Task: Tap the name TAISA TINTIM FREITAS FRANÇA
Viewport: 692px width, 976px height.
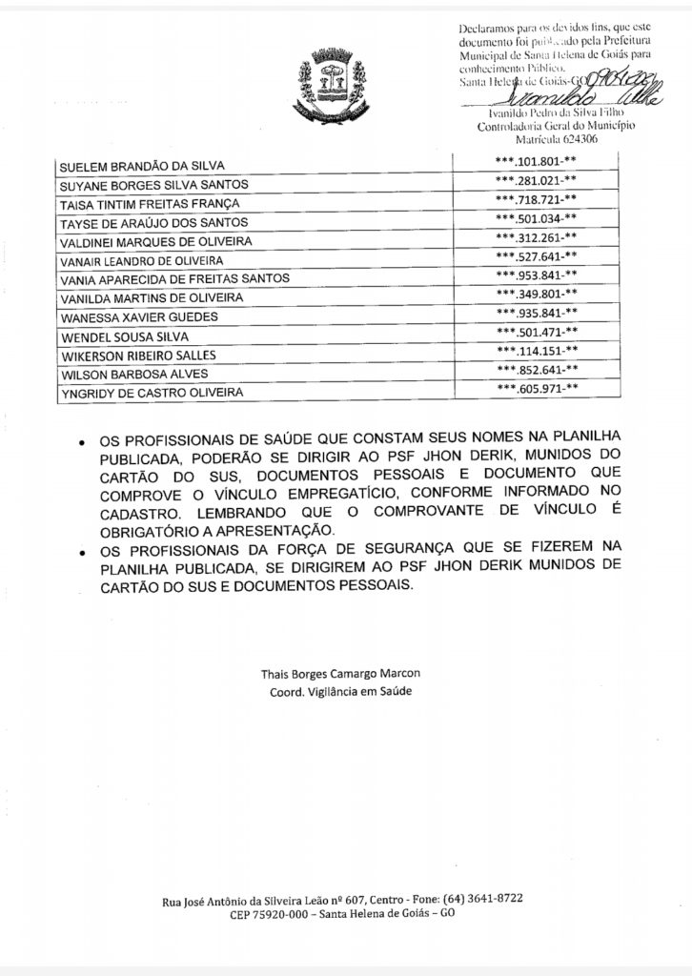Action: click(150, 204)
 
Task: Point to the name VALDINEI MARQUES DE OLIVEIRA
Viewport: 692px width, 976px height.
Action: click(155, 241)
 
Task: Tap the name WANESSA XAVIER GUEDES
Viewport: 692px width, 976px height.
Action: click(139, 316)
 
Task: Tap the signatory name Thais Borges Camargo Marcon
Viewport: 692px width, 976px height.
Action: click(340, 673)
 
